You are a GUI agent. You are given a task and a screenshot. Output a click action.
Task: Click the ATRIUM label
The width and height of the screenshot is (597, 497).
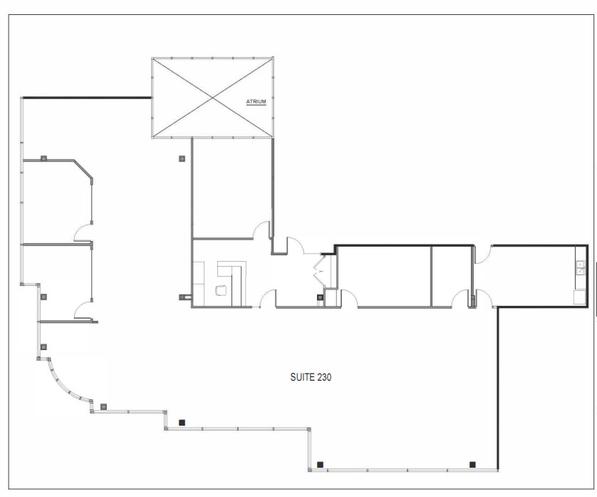coord(256,102)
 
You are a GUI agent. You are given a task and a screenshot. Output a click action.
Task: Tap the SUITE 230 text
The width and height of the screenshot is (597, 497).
coord(311,377)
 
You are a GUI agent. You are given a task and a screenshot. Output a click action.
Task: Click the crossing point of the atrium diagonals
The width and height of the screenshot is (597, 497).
coord(212,98)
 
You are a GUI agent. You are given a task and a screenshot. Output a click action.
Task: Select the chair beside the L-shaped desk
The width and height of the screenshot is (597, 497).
coord(221,291)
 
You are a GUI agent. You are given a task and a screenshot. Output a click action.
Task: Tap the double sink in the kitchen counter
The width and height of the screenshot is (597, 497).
coord(581,267)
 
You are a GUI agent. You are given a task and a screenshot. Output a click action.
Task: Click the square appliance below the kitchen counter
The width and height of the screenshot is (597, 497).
coord(580,297)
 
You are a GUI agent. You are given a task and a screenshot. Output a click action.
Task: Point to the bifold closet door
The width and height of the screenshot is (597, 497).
coord(319,271)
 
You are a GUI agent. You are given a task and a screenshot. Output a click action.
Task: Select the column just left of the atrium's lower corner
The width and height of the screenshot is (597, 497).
coord(182,158)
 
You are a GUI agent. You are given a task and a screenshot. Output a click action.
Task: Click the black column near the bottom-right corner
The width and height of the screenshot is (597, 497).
coord(472,464)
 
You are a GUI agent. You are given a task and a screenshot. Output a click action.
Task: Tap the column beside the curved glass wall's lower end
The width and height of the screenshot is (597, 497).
coord(103,406)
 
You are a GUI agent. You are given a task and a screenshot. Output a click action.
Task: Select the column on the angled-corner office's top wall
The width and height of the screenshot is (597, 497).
coord(43,158)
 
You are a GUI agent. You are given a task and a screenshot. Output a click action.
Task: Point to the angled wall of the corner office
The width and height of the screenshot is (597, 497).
coord(83,170)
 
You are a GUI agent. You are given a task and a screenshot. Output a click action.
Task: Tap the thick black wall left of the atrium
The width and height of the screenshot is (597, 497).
coord(86,98)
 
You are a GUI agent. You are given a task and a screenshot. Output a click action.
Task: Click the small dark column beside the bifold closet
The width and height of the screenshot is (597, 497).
coord(320,297)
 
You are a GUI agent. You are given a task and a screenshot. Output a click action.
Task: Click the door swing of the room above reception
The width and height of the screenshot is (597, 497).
coord(262,230)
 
